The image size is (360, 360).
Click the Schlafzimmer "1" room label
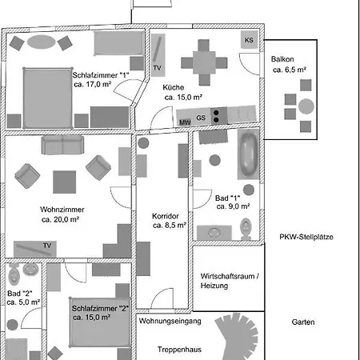click(101, 75)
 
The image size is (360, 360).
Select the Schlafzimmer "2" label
click(100, 308)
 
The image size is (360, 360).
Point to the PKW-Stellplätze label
click(306, 237)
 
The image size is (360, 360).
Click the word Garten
click(304, 322)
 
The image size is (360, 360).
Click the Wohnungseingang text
click(170, 322)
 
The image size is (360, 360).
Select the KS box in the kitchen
click(249, 40)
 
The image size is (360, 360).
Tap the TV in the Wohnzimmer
click(46, 245)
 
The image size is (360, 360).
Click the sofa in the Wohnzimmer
click(65, 146)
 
